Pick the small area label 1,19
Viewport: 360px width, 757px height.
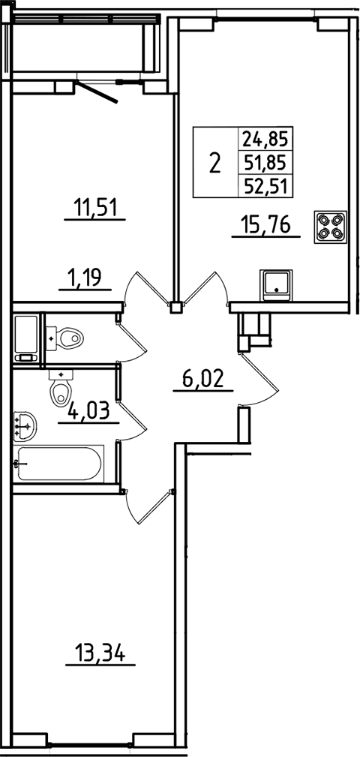[85, 279]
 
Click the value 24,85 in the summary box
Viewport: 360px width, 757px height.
[265, 138]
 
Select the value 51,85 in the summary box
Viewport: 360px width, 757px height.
[265, 161]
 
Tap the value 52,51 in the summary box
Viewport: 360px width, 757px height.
[265, 185]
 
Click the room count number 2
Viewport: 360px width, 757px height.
[215, 162]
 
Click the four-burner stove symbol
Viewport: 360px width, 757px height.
[331, 225]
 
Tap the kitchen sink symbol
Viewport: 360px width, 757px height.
[276, 284]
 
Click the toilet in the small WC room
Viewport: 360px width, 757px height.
[67, 338]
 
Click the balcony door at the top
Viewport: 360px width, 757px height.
[102, 92]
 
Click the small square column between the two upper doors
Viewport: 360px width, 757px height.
[176, 306]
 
